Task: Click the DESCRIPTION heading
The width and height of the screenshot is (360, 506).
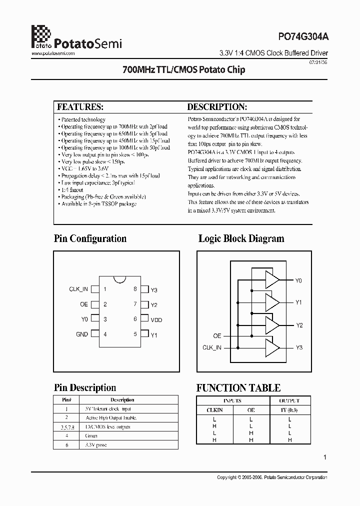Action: click(x=217, y=107)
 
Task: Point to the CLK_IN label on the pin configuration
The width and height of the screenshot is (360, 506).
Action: click(x=78, y=289)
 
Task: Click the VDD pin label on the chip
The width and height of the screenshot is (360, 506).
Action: click(x=156, y=319)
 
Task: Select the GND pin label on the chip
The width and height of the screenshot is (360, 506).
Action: click(x=82, y=334)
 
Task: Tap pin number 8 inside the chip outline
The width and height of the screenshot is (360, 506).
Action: click(x=135, y=289)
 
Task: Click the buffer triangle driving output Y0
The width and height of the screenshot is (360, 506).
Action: click(x=272, y=280)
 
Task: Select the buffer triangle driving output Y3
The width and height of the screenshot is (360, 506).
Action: click(x=272, y=347)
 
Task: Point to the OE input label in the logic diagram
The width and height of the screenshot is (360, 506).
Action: click(x=217, y=336)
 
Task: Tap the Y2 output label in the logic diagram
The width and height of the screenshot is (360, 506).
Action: click(x=299, y=325)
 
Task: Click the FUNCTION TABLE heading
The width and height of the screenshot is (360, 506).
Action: click(x=238, y=388)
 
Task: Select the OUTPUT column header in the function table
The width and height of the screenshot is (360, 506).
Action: click(x=289, y=401)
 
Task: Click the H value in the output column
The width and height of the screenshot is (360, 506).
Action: click(x=289, y=440)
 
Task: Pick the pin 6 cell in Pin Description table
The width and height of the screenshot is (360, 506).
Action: click(x=66, y=444)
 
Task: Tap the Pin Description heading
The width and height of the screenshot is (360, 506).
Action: click(x=85, y=388)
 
